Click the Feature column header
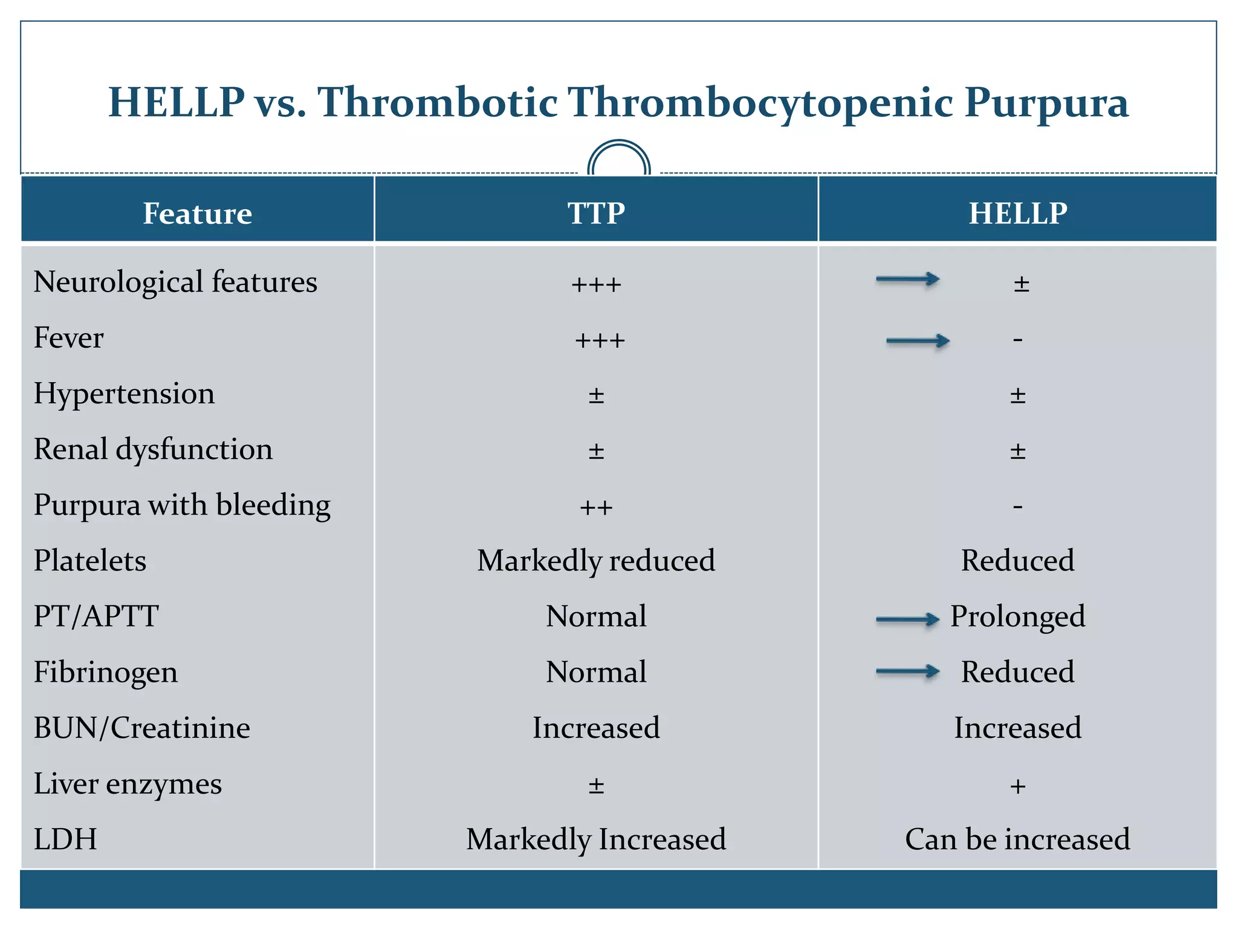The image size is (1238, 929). tap(197, 214)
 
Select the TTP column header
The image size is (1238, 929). tap(596, 214)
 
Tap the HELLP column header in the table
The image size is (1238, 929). tap(1018, 214)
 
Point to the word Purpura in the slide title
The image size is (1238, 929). tap(1046, 103)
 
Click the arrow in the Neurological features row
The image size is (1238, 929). tap(907, 279)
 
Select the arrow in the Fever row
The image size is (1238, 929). tap(918, 341)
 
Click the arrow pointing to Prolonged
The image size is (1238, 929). tap(907, 619)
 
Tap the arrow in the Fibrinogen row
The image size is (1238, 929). tap(907, 671)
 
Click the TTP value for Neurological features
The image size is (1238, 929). tap(596, 284)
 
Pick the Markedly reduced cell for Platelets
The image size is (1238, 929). tap(596, 560)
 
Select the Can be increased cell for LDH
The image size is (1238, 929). tap(1017, 839)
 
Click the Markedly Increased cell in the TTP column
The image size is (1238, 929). tap(596, 839)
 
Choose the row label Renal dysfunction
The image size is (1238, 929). tap(153, 449)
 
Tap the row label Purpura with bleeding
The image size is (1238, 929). tap(182, 505)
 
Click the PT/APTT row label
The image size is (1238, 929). tap(96, 616)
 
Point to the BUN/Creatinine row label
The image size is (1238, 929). tap(142, 728)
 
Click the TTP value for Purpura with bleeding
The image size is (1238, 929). tap(596, 507)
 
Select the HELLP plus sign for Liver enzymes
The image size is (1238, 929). tap(1018, 786)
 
